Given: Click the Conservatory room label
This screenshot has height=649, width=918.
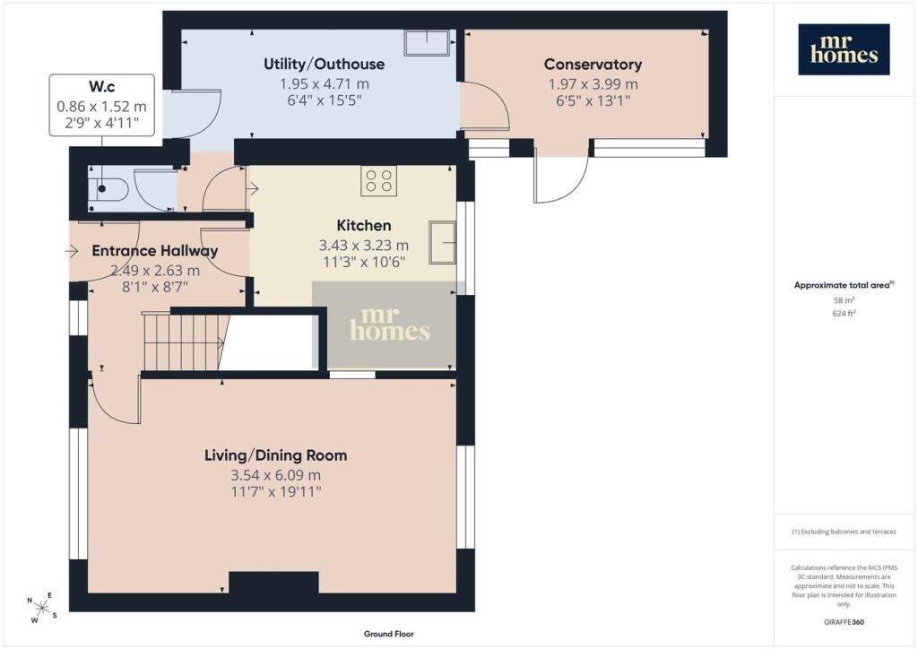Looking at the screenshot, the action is (x=593, y=64).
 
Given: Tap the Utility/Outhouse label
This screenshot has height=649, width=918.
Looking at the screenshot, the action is (x=324, y=64).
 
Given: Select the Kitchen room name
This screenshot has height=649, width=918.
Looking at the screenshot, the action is (x=364, y=225).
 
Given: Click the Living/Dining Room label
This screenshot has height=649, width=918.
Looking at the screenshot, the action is (x=275, y=455).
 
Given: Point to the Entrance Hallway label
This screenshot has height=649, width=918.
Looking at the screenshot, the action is (x=155, y=251).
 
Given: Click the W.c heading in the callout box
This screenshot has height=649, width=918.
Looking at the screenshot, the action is (x=102, y=87).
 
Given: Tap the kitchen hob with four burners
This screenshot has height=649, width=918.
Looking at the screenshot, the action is (x=379, y=181).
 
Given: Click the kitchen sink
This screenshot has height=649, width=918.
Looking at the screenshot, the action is (x=442, y=242).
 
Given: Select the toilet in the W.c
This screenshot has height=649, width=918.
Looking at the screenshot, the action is (x=108, y=188).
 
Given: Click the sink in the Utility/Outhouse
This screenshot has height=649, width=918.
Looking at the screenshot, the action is (x=427, y=42).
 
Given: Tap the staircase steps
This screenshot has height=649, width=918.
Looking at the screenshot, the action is (x=184, y=342).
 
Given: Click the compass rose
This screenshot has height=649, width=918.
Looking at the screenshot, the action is (x=42, y=608).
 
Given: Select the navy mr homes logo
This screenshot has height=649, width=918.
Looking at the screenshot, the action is (x=844, y=49).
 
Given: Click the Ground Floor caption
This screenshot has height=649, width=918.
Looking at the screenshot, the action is (x=389, y=634).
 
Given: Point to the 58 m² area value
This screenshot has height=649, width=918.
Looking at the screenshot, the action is (x=844, y=300).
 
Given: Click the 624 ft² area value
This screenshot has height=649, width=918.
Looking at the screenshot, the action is (x=844, y=313).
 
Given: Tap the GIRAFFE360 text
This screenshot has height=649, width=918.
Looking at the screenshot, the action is (x=844, y=622).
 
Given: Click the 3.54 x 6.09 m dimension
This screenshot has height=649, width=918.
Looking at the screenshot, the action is (x=276, y=475).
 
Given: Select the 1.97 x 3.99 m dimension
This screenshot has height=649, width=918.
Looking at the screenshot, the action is (x=593, y=84).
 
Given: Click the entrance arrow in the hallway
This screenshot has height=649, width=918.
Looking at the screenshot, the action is (x=72, y=251).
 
